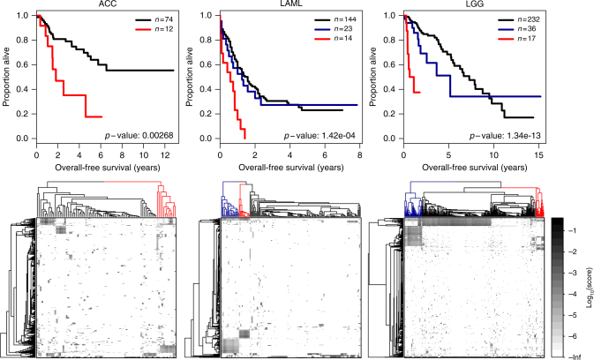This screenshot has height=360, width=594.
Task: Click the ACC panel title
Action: [x=105, y=5]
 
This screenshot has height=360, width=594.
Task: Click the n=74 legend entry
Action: [x=155, y=18]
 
